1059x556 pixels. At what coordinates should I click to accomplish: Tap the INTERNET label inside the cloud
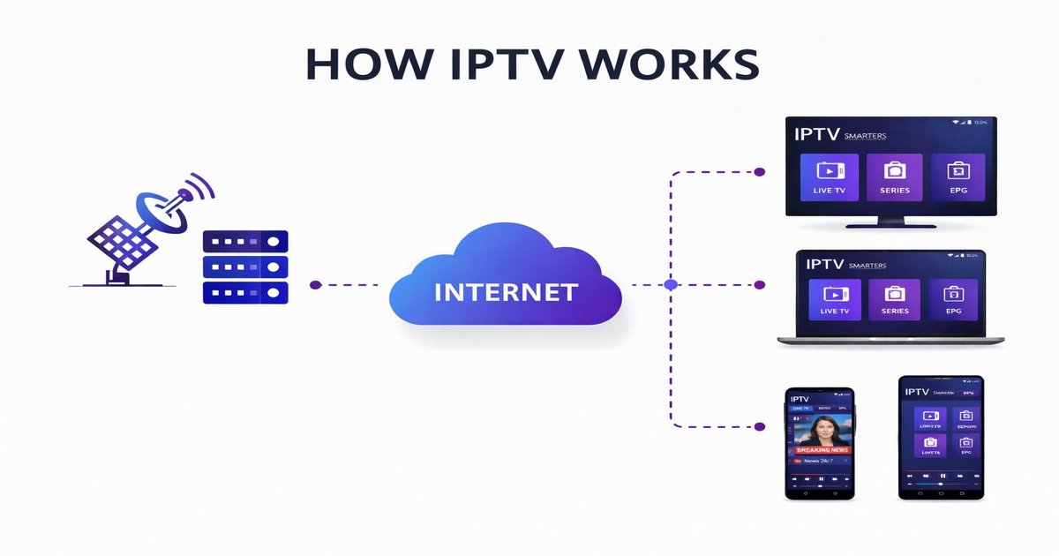[506, 292]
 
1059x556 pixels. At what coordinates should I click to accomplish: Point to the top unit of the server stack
[245, 240]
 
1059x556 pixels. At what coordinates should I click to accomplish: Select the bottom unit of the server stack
[245, 291]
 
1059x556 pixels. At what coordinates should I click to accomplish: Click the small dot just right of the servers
[315, 285]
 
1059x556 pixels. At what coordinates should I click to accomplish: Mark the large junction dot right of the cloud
[670, 285]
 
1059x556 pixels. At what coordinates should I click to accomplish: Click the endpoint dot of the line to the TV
[759, 170]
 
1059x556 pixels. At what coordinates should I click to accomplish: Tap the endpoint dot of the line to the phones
[759, 426]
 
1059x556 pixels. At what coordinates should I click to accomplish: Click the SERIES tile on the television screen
[894, 177]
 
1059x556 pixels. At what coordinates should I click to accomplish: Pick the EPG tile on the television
[958, 177]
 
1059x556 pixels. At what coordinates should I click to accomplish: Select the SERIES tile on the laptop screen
[894, 299]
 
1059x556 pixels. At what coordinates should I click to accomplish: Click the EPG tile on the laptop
[952, 299]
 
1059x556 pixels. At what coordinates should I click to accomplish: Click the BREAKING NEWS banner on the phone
[820, 449]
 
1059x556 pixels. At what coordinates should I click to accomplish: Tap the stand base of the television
[890, 225]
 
